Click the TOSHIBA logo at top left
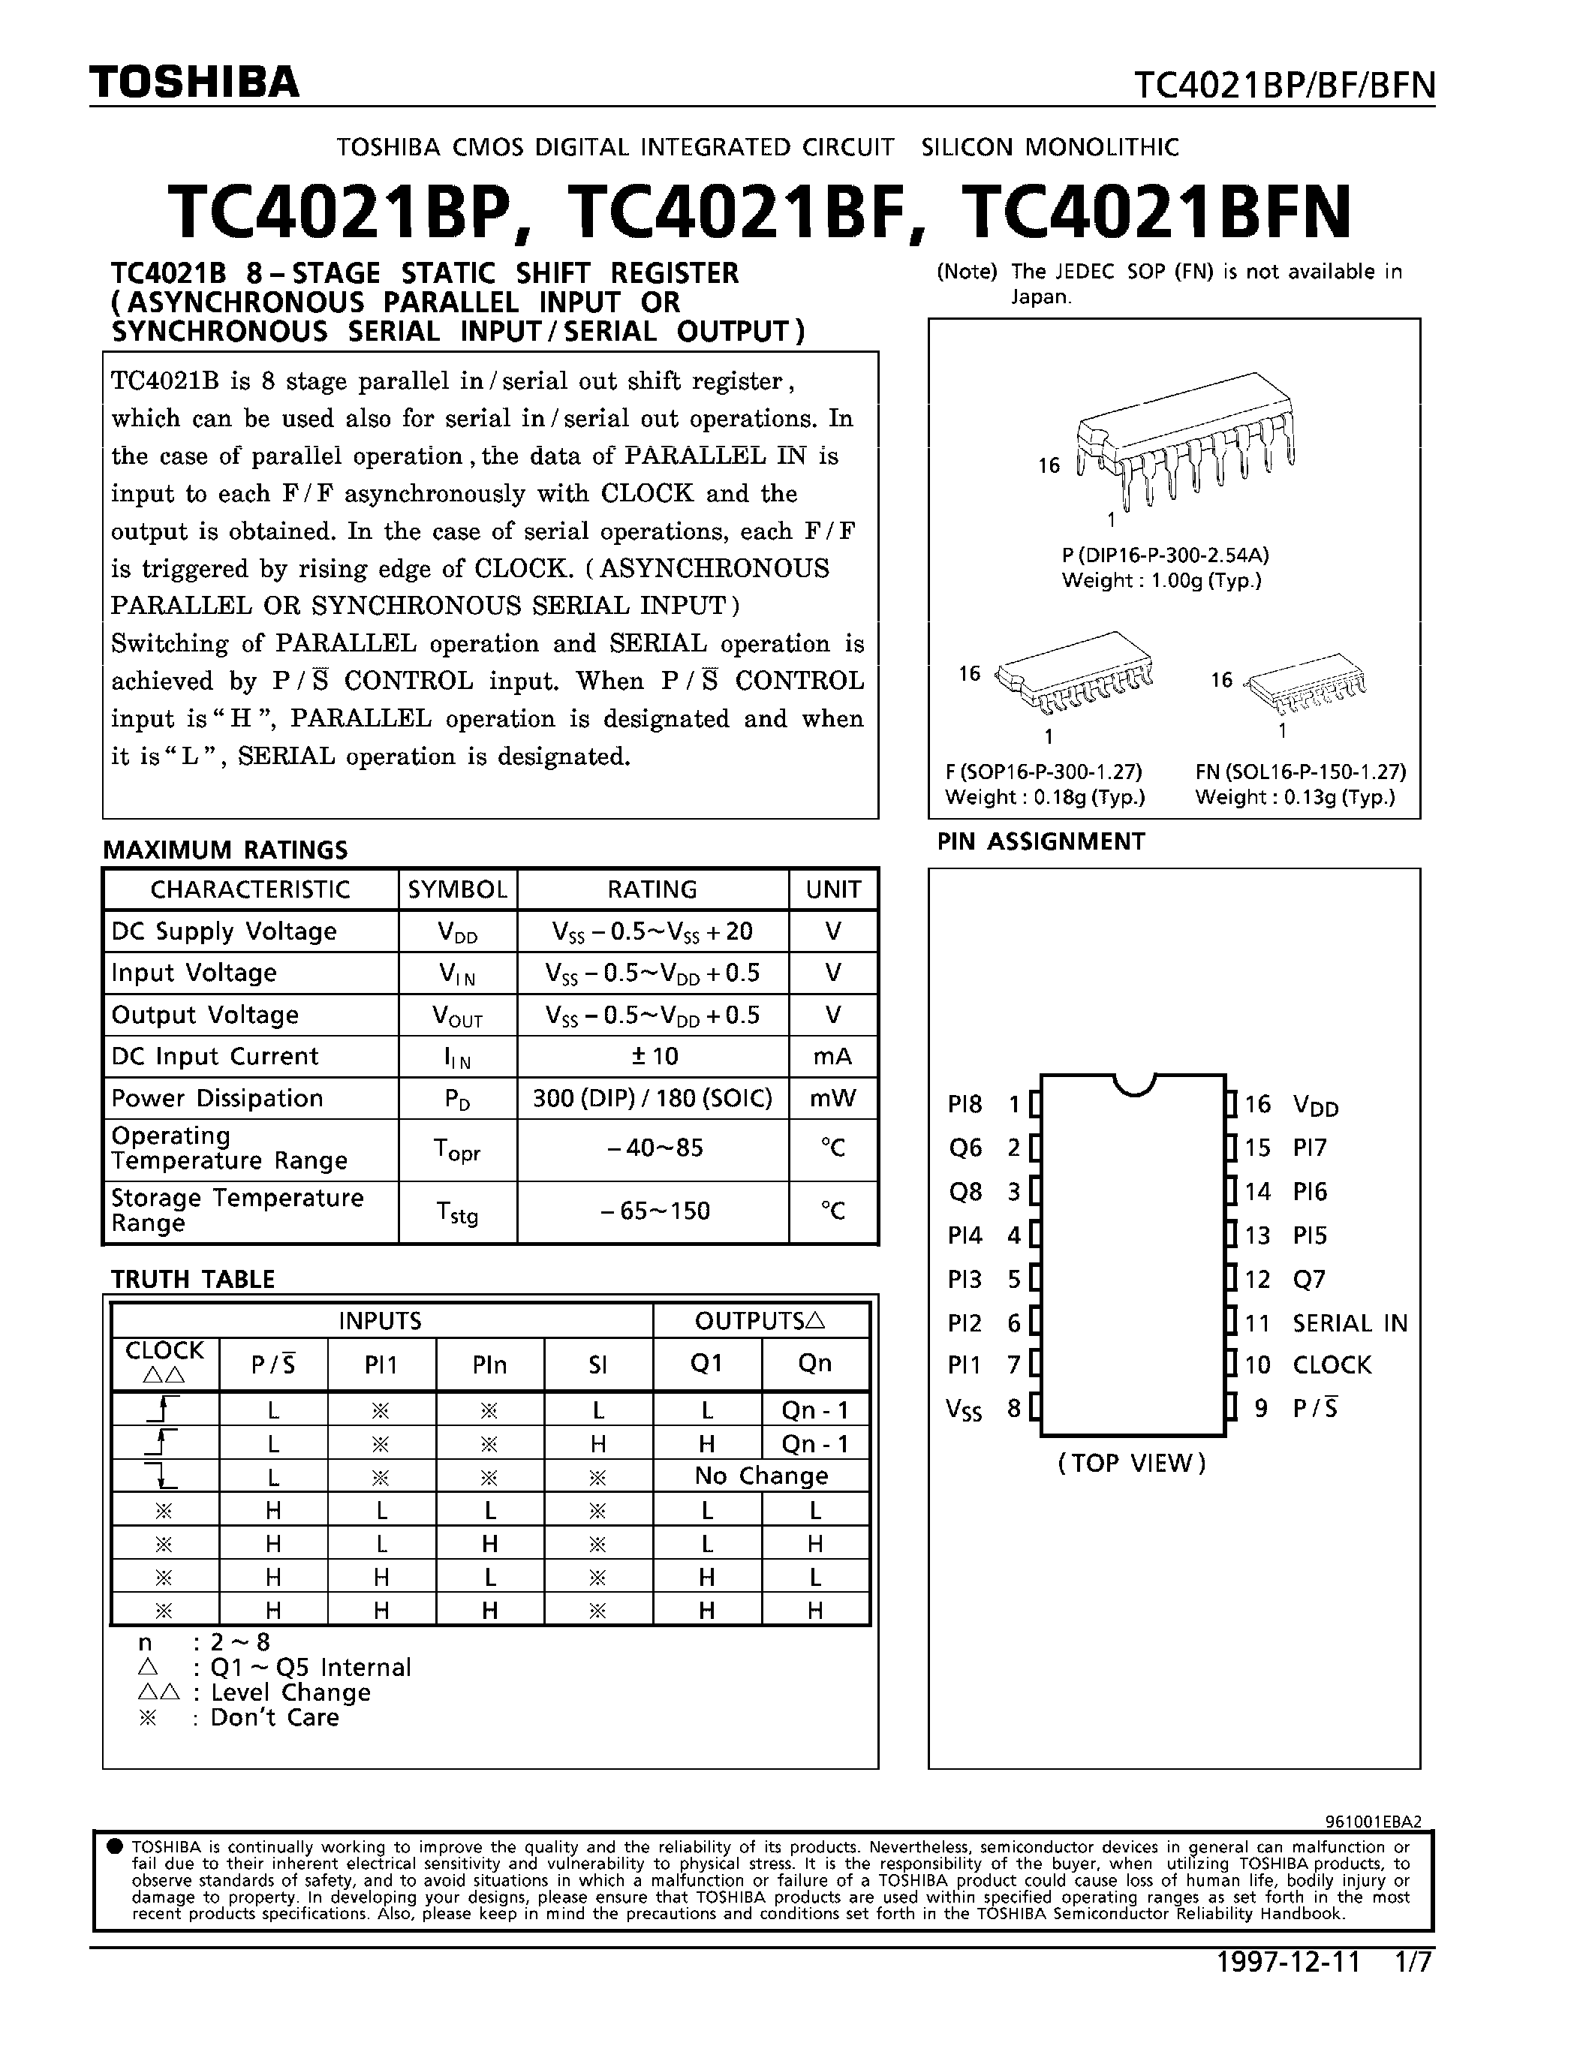point(194,83)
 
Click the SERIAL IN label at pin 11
point(1350,1323)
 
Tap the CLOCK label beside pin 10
point(1332,1364)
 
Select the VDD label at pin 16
point(1315,1105)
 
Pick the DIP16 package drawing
point(1186,440)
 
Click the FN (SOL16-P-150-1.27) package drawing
point(1307,683)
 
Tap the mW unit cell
point(832,1098)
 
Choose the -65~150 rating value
point(653,1211)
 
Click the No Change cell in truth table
point(760,1476)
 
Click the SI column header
point(597,1364)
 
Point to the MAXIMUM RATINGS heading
point(225,850)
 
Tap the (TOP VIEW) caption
point(1132,1463)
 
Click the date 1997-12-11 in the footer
point(1288,1962)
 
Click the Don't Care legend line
point(241,1717)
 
